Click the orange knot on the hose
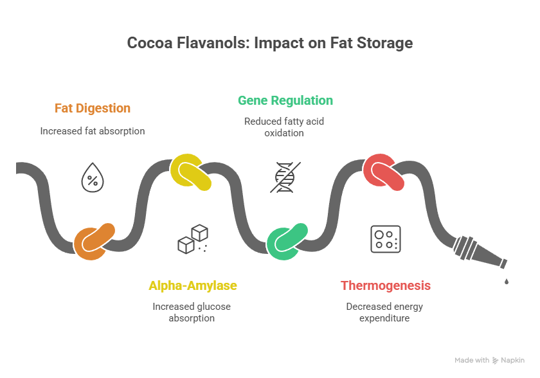95,241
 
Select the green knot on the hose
287,241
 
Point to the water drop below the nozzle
507,281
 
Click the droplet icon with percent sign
93,178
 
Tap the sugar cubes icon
193,239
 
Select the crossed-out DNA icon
285,177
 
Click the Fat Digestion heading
93,108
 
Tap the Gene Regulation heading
285,100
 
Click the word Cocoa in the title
149,43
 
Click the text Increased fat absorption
93,130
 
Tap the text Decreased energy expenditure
384,312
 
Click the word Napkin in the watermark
514,361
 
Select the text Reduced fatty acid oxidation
285,127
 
